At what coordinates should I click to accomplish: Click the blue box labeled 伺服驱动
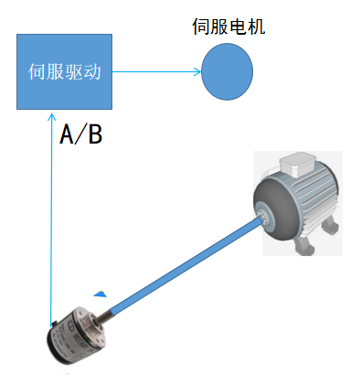[65, 71]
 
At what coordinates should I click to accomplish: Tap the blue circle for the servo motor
[228, 71]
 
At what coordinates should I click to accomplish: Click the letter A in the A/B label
[68, 135]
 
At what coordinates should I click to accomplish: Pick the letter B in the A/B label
[93, 135]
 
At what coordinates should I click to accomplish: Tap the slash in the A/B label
[80, 135]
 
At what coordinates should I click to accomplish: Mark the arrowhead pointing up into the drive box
[52, 113]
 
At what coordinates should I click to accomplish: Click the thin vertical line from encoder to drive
[52, 229]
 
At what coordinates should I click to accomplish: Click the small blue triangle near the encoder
[101, 294]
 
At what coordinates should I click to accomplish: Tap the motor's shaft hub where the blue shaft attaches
[264, 217]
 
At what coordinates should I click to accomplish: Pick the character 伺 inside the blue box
[38, 71]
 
